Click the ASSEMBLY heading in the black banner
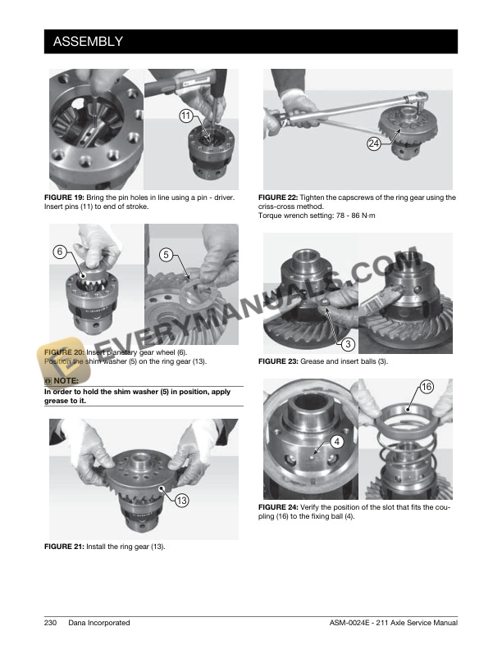[88, 42]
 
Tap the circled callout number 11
[186, 116]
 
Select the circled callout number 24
[374, 143]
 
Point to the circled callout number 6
[60, 252]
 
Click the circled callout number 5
[166, 254]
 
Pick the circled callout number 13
[182, 501]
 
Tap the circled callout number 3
[348, 343]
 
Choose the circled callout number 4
[337, 442]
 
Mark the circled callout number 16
[427, 387]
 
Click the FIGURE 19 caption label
[64, 197]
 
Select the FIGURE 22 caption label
[278, 197]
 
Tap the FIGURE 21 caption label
[64, 547]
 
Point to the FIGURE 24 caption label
[278, 507]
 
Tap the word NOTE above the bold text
[66, 380]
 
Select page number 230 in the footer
[50, 623]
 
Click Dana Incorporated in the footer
[99, 623]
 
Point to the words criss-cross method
[290, 206]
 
